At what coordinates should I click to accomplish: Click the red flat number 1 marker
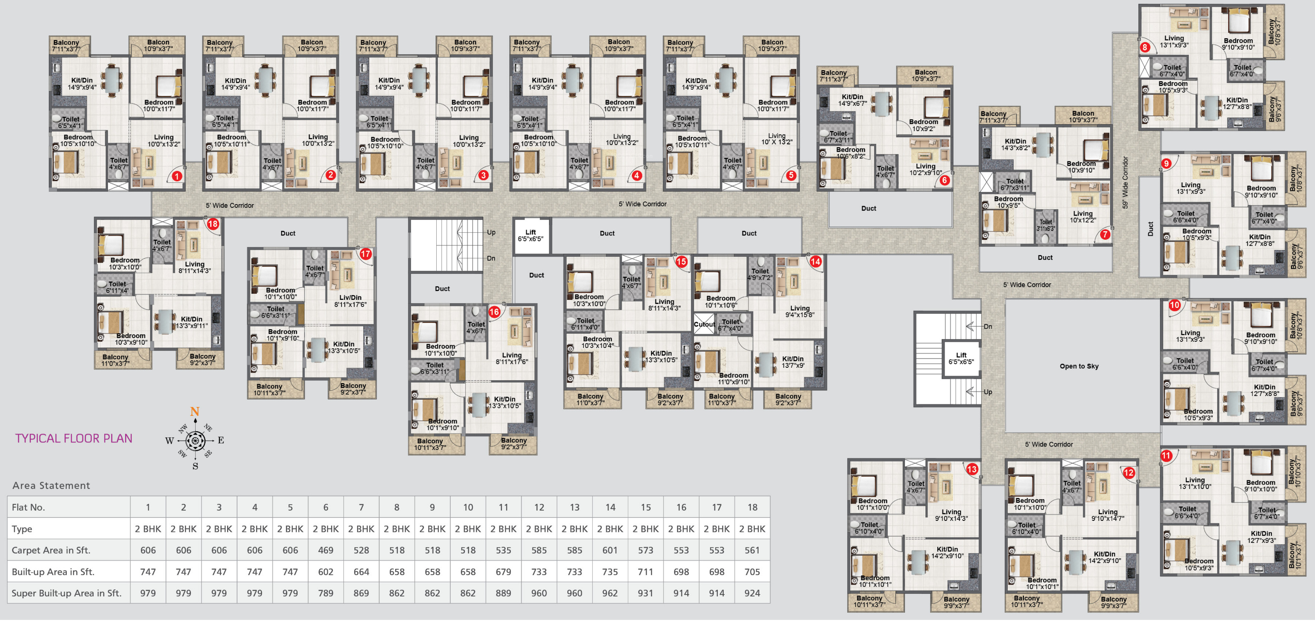coord(177,177)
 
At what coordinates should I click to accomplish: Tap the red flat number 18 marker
coord(213,224)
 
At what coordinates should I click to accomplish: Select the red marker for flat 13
coord(972,469)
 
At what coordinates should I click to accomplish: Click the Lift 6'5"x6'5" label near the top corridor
coord(530,236)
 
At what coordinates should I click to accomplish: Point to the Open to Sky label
coord(1079,367)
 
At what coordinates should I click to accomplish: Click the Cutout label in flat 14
coord(704,325)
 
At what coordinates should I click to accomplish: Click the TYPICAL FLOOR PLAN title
coord(73,439)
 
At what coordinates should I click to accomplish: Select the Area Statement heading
coord(51,486)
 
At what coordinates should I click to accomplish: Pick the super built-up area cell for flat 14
coord(610,593)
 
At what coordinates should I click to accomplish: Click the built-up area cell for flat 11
coord(503,572)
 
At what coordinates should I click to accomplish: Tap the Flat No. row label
coord(28,508)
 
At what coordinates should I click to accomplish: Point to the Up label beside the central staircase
coord(491,233)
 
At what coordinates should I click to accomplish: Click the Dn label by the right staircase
coord(988,327)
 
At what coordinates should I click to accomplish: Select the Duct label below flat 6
coord(868,208)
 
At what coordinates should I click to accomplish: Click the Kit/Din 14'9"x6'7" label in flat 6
coord(852,100)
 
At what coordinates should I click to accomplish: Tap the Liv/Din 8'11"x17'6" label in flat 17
coord(350,301)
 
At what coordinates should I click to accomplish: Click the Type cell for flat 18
coord(752,529)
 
